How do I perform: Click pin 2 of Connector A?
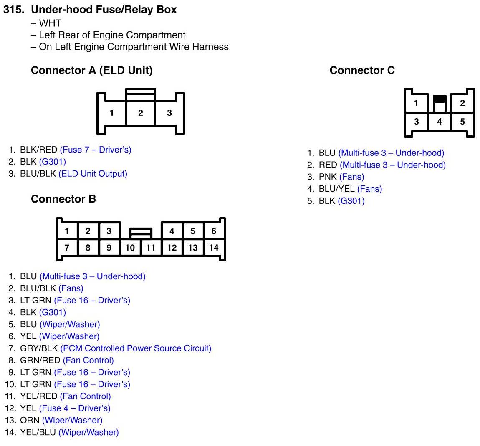[x=141, y=113]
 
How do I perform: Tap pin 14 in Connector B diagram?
[x=214, y=248]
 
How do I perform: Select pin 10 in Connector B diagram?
[x=130, y=248]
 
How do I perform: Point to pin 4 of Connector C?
[x=439, y=122]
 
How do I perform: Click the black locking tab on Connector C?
[x=439, y=99]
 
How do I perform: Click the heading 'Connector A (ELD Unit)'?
[x=92, y=70]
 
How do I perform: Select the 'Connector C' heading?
[x=362, y=70]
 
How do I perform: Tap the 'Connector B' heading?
[x=63, y=199]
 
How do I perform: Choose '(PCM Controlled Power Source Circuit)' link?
[x=136, y=348]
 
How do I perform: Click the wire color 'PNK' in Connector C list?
[x=328, y=177]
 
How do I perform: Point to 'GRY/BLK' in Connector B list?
[x=39, y=348]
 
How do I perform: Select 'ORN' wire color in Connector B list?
[x=30, y=421]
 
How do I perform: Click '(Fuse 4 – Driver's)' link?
[x=75, y=408]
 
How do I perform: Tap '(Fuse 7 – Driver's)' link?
[x=96, y=150]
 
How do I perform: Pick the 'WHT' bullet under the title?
[x=50, y=23]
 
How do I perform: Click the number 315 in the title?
[x=13, y=10]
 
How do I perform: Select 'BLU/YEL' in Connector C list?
[x=336, y=189]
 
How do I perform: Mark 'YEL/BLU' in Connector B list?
[x=38, y=433]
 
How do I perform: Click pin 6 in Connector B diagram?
[x=214, y=231]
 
